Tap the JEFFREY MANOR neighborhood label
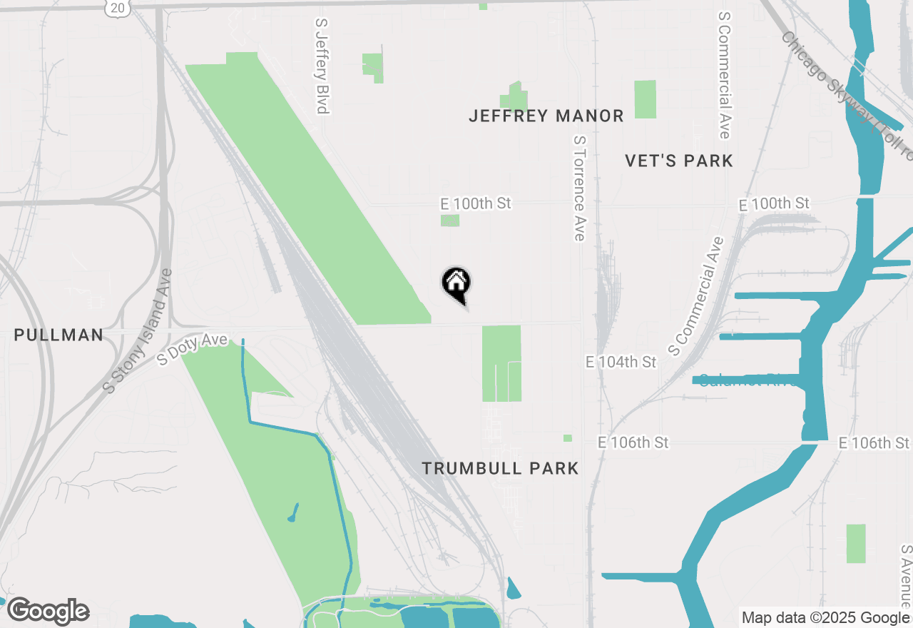[546, 116]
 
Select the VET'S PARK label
[679, 161]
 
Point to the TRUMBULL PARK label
[500, 468]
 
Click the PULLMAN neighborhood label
[58, 335]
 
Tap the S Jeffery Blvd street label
[322, 66]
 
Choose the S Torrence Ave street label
[578, 189]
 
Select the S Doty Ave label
[192, 350]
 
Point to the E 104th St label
[621, 363]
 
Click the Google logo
[48, 611]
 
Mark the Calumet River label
[749, 380]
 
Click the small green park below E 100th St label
[450, 221]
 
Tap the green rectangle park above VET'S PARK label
[645, 99]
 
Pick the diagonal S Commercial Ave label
[695, 296]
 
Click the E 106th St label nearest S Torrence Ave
[633, 443]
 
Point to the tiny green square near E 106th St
[568, 438]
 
